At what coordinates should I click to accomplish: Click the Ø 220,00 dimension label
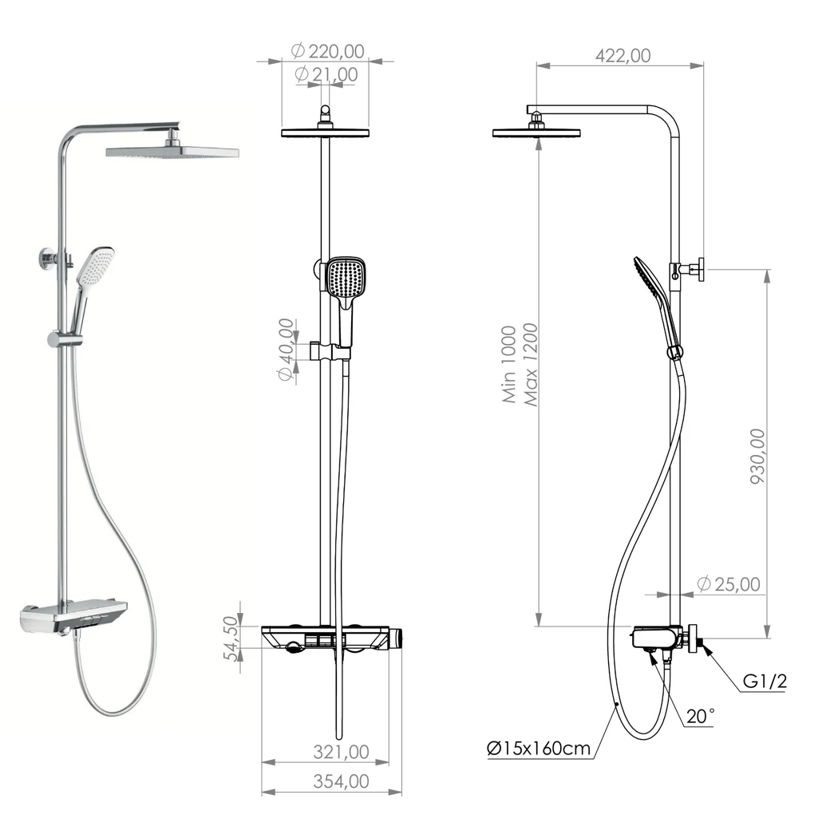tap(327, 51)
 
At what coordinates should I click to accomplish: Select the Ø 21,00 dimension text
tap(326, 74)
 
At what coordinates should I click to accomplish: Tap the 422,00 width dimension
tap(623, 56)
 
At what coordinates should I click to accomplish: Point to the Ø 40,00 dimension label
tap(287, 350)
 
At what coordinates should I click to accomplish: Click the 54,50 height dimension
tap(231, 638)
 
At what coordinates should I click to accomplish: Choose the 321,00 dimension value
tap(341, 752)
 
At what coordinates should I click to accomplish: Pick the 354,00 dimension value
tap(341, 781)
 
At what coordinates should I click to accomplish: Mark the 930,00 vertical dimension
tap(757, 457)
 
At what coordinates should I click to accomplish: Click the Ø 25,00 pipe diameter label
tap(729, 584)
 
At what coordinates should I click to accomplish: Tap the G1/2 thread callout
tap(765, 681)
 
